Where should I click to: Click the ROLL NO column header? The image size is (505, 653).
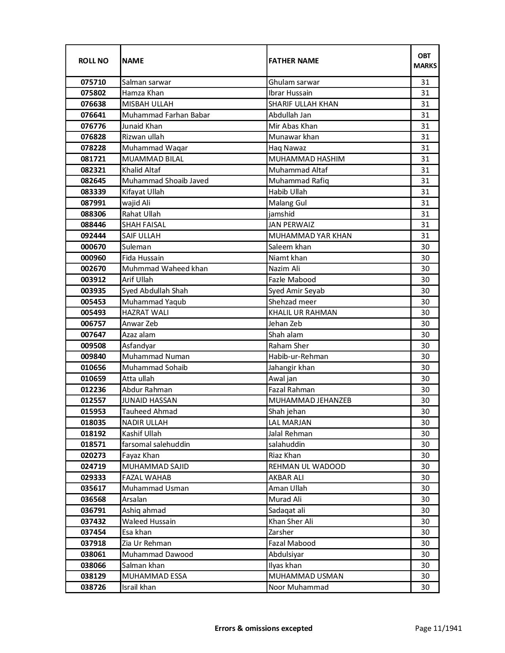93,61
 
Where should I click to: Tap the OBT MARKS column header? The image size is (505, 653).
425,61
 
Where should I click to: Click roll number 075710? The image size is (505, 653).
93,82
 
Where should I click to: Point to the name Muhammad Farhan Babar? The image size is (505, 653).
166,115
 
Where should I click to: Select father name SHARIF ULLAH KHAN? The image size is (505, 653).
303,104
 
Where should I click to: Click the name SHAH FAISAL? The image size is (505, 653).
144,225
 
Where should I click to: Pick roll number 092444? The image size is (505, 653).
93,236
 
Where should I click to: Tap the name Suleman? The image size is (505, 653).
137,247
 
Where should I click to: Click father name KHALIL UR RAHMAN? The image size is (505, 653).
303,313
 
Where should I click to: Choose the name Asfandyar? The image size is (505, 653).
139,345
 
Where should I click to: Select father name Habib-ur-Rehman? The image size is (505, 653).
298,357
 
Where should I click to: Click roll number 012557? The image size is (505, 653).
93,401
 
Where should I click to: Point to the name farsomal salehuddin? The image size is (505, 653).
156,444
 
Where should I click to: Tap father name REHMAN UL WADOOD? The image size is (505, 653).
307,466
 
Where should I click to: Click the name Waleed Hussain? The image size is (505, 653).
149,521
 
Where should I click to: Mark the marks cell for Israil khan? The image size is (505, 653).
425,587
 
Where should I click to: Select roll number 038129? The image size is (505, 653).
93,576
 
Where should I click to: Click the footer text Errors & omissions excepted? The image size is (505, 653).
263,628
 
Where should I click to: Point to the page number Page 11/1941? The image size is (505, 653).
438,628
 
